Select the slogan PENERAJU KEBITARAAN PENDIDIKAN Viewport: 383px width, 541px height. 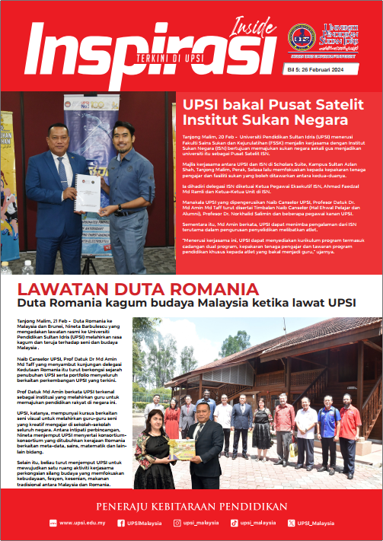pos(191,504)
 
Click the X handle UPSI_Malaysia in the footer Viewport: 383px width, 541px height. pos(314,523)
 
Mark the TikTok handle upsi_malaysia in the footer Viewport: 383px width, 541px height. pos(257,523)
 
